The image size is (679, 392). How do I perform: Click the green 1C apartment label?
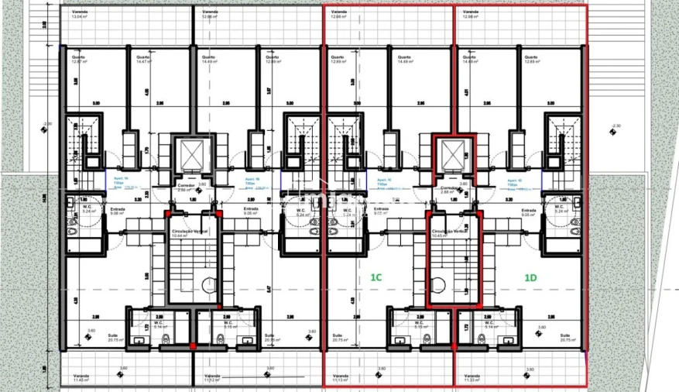(376, 277)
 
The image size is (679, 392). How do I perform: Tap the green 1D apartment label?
(531, 277)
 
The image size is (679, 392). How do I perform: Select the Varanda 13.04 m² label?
(81, 15)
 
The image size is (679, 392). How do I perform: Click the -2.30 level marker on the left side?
(48, 125)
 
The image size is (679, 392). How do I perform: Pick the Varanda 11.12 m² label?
(211, 379)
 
